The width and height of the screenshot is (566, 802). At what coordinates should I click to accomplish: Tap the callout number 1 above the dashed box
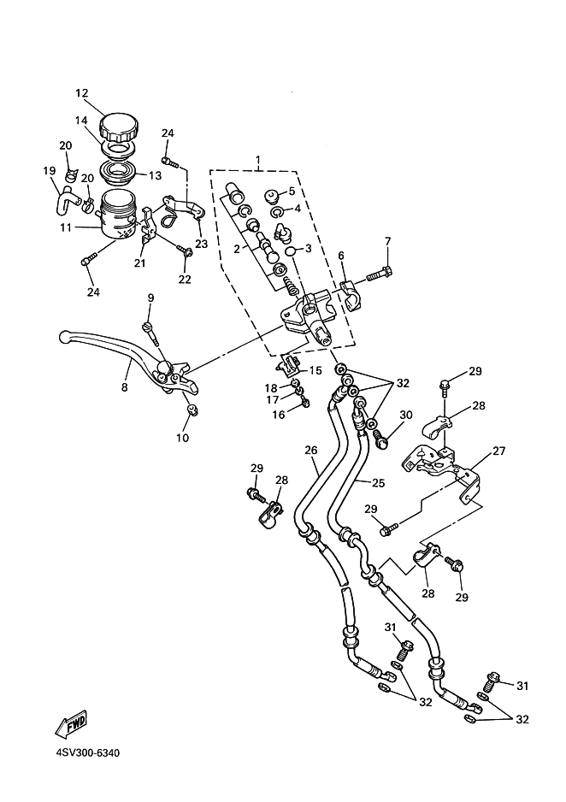(259, 160)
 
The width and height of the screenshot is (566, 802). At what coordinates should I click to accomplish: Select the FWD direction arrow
(71, 722)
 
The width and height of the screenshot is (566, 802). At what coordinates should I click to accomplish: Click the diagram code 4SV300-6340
(88, 753)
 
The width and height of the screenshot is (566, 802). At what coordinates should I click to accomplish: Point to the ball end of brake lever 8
(64, 337)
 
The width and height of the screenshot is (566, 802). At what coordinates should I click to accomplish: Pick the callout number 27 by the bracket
(498, 451)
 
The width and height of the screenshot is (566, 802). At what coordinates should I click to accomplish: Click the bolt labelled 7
(379, 274)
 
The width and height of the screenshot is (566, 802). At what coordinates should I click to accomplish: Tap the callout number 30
(405, 415)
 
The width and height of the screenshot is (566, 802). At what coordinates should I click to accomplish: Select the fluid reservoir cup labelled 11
(118, 215)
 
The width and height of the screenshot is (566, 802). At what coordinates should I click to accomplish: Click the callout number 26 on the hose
(311, 450)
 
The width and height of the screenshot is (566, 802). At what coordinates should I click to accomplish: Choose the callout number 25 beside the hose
(378, 483)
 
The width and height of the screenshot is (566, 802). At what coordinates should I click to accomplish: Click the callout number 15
(315, 370)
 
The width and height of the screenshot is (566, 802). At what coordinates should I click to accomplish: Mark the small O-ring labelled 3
(289, 251)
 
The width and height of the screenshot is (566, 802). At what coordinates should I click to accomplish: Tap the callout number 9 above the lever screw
(150, 298)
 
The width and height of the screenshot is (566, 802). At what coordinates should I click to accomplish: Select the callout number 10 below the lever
(182, 438)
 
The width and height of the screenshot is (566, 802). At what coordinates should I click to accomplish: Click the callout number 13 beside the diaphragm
(155, 175)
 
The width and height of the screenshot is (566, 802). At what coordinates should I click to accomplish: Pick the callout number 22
(185, 280)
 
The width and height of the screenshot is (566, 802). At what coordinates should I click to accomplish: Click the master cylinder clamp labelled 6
(351, 295)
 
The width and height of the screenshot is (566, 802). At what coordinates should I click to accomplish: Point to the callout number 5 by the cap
(292, 191)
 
